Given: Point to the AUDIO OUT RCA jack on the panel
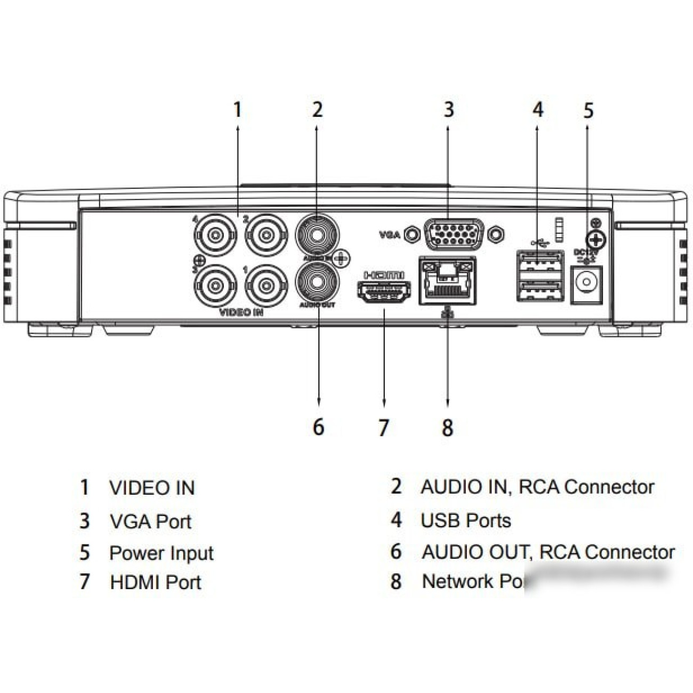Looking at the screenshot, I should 317,283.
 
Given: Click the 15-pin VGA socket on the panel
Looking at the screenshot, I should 454,234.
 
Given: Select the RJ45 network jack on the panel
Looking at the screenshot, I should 447,281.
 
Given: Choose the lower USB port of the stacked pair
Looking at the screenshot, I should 540,291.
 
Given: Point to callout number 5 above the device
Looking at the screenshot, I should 587,111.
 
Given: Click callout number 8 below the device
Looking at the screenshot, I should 447,428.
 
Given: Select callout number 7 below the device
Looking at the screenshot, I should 383,428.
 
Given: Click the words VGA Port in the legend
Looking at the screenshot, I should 150,521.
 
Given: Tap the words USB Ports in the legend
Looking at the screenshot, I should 465,520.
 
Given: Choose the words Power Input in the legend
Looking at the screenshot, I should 161,553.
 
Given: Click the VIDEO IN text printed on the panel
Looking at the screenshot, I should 241,312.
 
